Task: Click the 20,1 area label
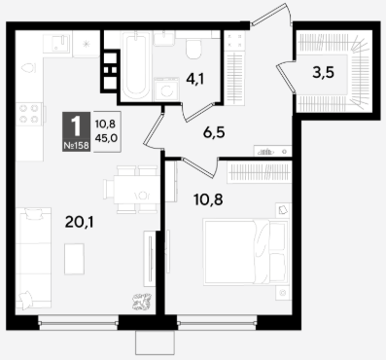point(80,222)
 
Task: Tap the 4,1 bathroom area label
point(194,79)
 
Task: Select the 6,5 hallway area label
point(214,132)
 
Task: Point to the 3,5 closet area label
point(323,72)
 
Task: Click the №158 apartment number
point(76,146)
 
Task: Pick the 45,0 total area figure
point(106,138)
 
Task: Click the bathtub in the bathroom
point(136,65)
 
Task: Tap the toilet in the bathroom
point(193,49)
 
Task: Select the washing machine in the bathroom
point(166,89)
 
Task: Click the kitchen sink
point(56,44)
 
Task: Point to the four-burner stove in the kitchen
point(28,114)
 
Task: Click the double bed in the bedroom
point(246,252)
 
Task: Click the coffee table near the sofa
point(74,259)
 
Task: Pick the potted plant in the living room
point(142,301)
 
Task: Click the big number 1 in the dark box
point(76,126)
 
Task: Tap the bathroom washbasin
point(164,38)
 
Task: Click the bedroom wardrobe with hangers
point(259,171)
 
